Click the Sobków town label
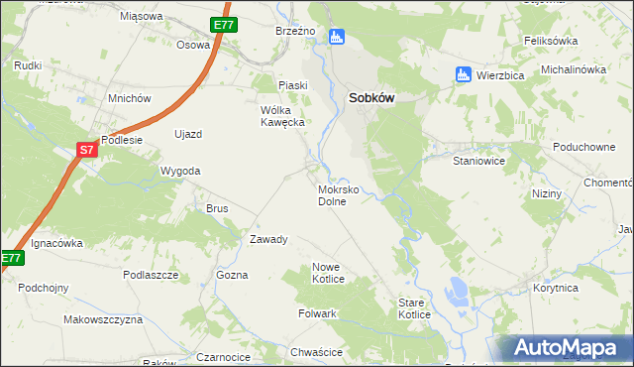pyautogui.click(x=374, y=98)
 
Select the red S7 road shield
pyautogui.click(x=87, y=150)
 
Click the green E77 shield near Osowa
pyautogui.click(x=223, y=25)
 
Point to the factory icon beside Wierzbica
pyautogui.click(x=461, y=73)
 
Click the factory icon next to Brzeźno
pyautogui.click(x=336, y=37)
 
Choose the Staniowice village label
pyautogui.click(x=479, y=160)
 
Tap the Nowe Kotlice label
pyautogui.click(x=328, y=273)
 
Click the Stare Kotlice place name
pyautogui.click(x=414, y=307)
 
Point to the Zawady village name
pyautogui.click(x=268, y=239)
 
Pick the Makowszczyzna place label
pyautogui.click(x=103, y=319)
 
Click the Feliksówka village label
pyautogui.click(x=550, y=41)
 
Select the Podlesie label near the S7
pyautogui.click(x=123, y=140)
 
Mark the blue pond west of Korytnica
pyautogui.click(x=459, y=291)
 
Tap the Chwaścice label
pyautogui.click(x=317, y=351)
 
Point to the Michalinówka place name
pyautogui.click(x=573, y=69)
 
